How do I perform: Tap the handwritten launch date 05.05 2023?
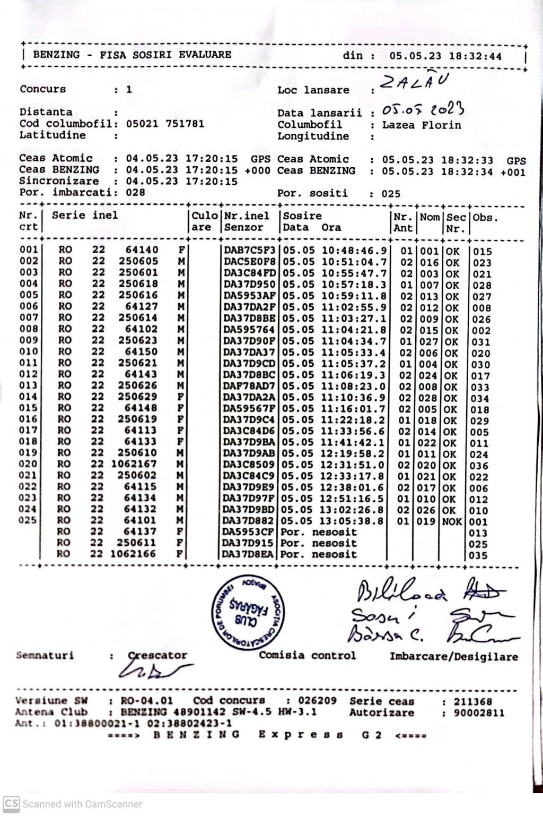[423, 110]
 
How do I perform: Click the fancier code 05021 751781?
[165, 124]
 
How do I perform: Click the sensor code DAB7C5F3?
[249, 250]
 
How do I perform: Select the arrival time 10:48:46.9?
[354, 250]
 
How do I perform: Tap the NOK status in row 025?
[452, 521]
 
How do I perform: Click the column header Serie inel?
[85, 215]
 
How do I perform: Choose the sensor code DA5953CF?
[248, 532]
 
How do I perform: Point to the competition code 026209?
[317, 701]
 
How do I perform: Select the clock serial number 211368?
[472, 702]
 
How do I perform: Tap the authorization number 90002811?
[479, 713]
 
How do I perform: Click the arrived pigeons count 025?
[391, 194]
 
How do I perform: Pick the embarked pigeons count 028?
[135, 192]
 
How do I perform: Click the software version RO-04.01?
[146, 701]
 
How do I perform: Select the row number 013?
[28, 385]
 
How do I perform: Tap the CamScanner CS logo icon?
[11, 804]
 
